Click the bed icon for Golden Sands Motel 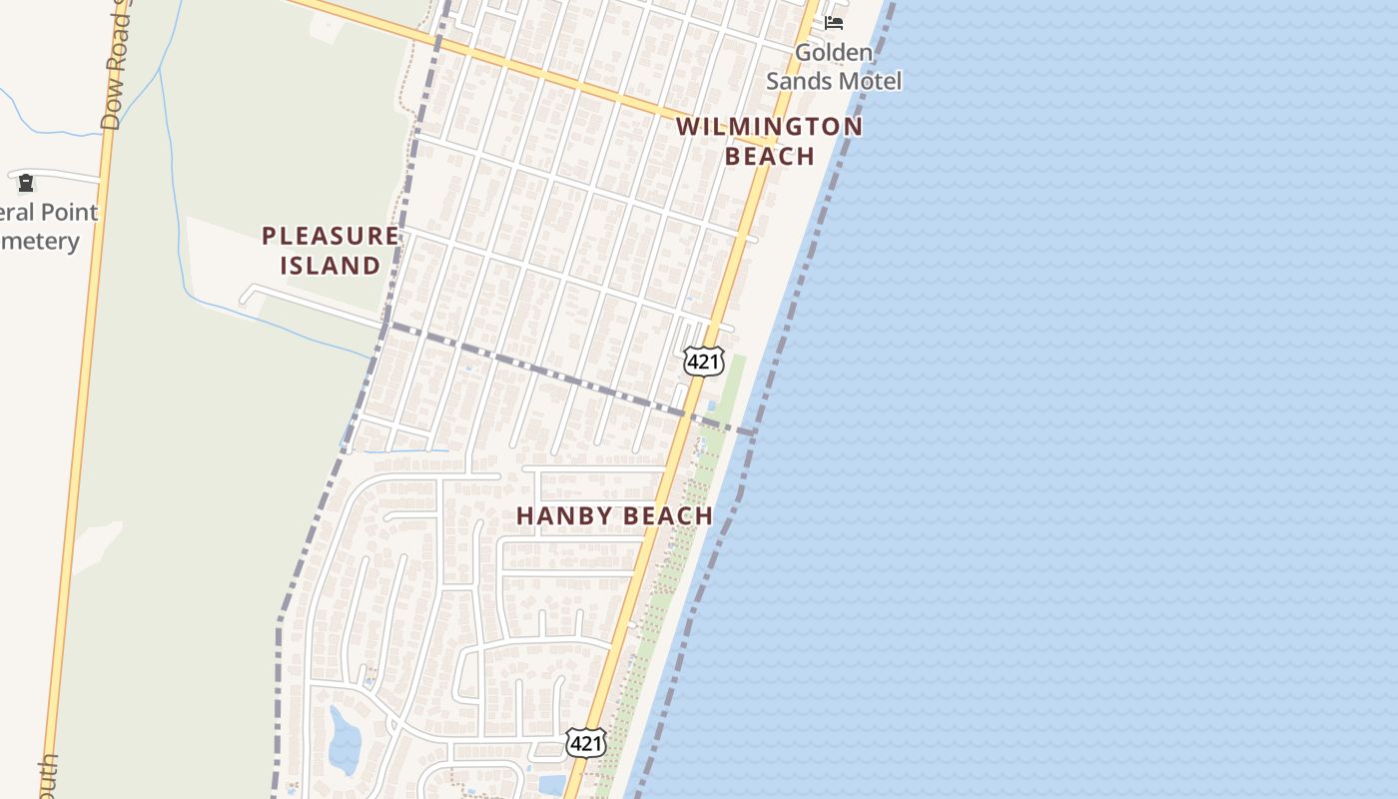pyautogui.click(x=834, y=22)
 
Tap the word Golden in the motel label pyautogui.click(x=834, y=52)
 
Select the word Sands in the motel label pyautogui.click(x=801, y=81)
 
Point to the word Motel pyautogui.click(x=870, y=81)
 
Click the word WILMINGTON pyautogui.click(x=769, y=127)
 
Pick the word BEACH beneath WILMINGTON pyautogui.click(x=769, y=157)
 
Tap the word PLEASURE pyautogui.click(x=331, y=237)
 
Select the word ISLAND pyautogui.click(x=331, y=266)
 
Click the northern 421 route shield pyautogui.click(x=703, y=362)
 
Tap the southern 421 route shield pyautogui.click(x=585, y=742)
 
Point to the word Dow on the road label pyautogui.click(x=111, y=110)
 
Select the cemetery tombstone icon pyautogui.click(x=26, y=183)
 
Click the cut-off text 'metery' pyautogui.click(x=40, y=242)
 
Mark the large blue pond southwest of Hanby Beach pyautogui.click(x=345, y=740)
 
